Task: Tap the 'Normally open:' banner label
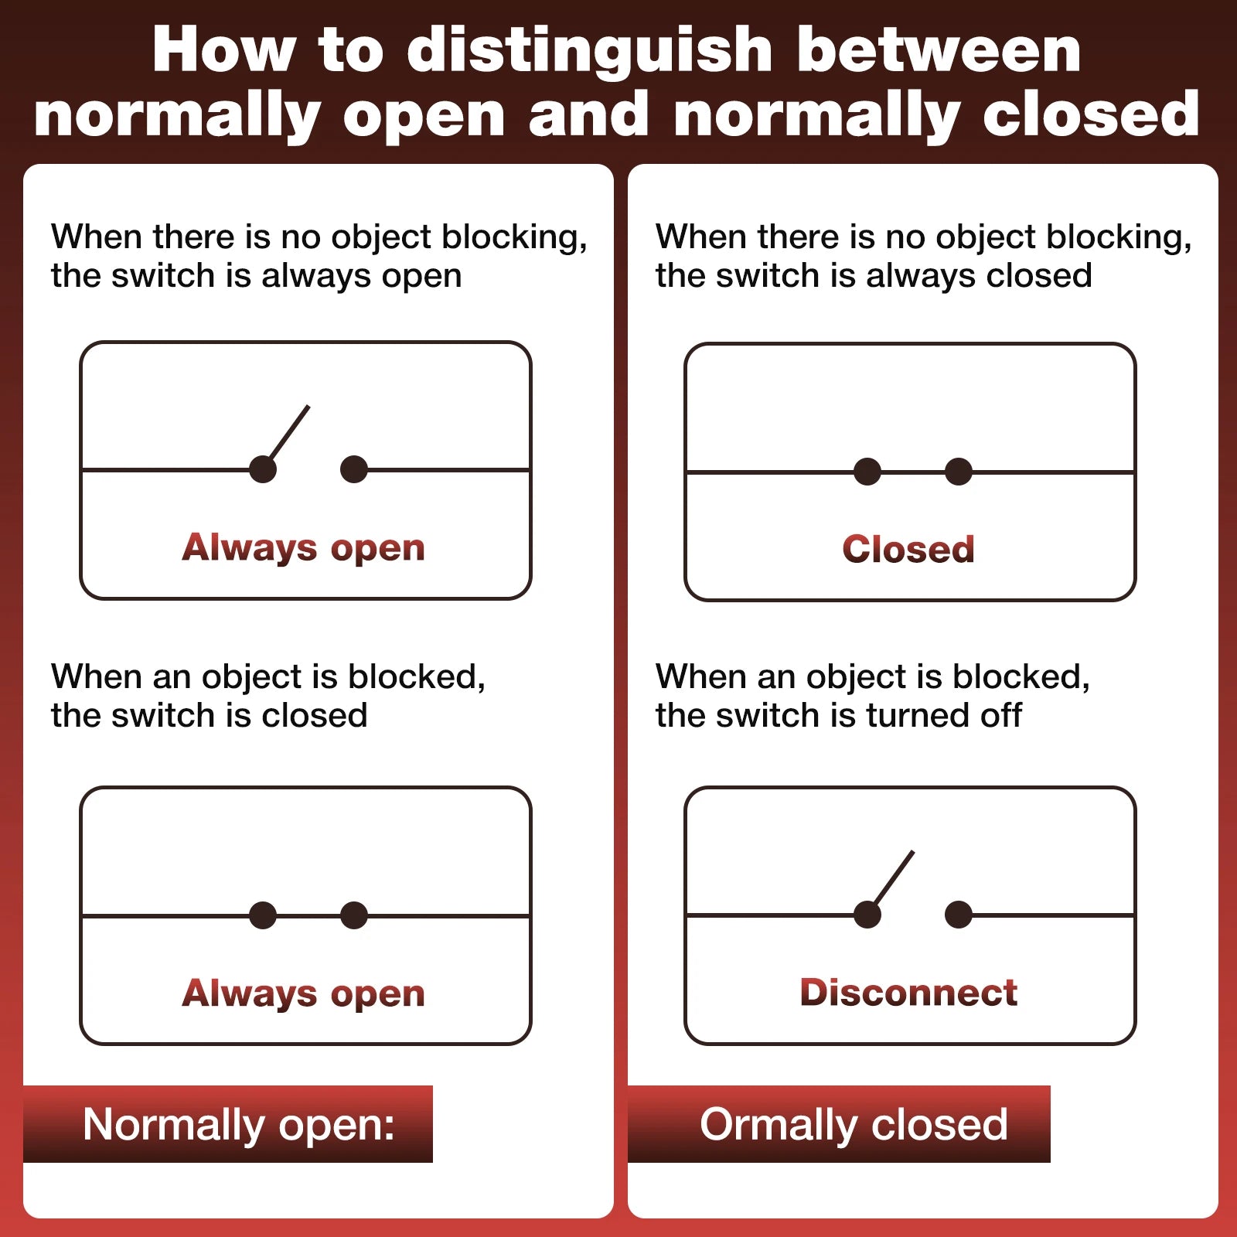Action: tap(239, 1125)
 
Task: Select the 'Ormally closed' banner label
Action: tap(854, 1125)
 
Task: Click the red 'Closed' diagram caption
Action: tap(908, 550)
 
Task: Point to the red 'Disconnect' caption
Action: tap(908, 993)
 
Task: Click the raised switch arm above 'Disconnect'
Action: tap(892, 881)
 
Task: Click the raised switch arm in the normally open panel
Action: tap(288, 435)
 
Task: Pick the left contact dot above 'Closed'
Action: tap(867, 472)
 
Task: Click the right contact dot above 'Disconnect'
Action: tap(959, 915)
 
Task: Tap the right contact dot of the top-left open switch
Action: tap(354, 469)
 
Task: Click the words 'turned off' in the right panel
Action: tap(944, 715)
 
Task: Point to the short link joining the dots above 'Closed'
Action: tap(913, 472)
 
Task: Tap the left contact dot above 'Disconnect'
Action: tap(867, 915)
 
